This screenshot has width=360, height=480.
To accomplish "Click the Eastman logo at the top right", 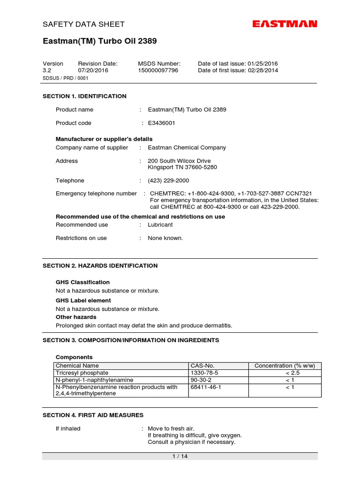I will [285, 24].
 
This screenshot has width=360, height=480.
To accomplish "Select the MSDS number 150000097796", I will [158, 70].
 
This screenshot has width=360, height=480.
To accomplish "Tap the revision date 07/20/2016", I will [93, 70].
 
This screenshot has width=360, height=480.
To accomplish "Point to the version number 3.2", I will [46, 70].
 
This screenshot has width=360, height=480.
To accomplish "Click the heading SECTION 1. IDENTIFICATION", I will [84, 96].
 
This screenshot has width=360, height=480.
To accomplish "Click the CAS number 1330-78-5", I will [204, 373].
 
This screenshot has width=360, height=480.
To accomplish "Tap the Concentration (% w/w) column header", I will [285, 366].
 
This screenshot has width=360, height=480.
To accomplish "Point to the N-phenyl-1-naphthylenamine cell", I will [94, 380].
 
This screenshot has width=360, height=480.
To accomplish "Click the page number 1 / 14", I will [180, 457].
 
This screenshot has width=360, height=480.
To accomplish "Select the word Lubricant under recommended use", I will [160, 225].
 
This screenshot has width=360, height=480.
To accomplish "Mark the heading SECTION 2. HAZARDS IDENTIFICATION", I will [100, 266].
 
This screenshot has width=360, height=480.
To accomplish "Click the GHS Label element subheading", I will [83, 300].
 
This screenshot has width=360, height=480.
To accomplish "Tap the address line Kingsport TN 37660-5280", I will [182, 167].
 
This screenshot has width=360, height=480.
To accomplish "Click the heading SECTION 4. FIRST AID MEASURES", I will [93, 415].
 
